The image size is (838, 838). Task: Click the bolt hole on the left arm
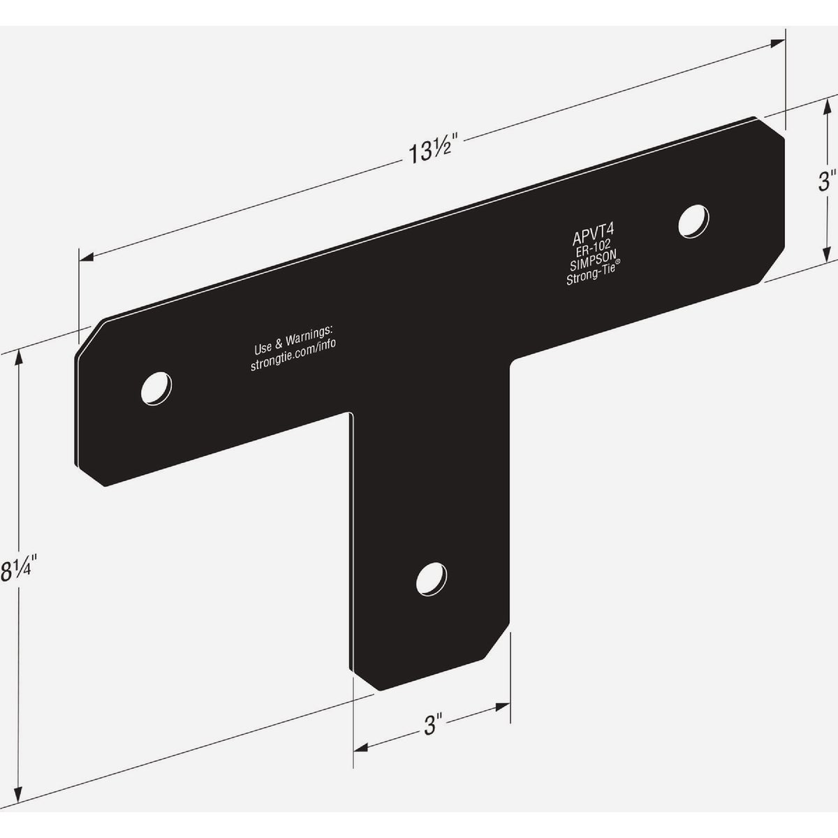tap(156, 387)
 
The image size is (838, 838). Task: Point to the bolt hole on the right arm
tap(695, 219)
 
